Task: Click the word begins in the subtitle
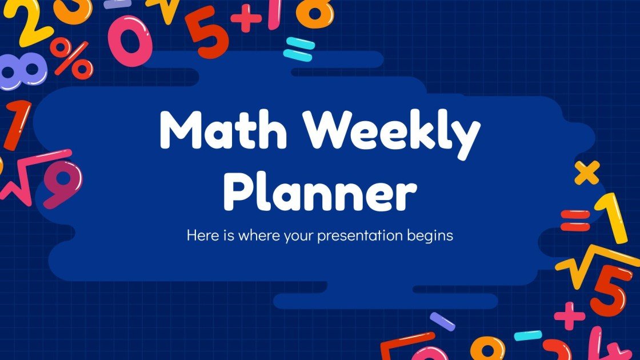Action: pos(431,235)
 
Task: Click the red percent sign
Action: pos(71,60)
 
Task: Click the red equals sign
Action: pos(574,220)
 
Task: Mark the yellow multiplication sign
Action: pos(587,173)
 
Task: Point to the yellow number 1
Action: pos(610,217)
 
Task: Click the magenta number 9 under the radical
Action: pos(62,186)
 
